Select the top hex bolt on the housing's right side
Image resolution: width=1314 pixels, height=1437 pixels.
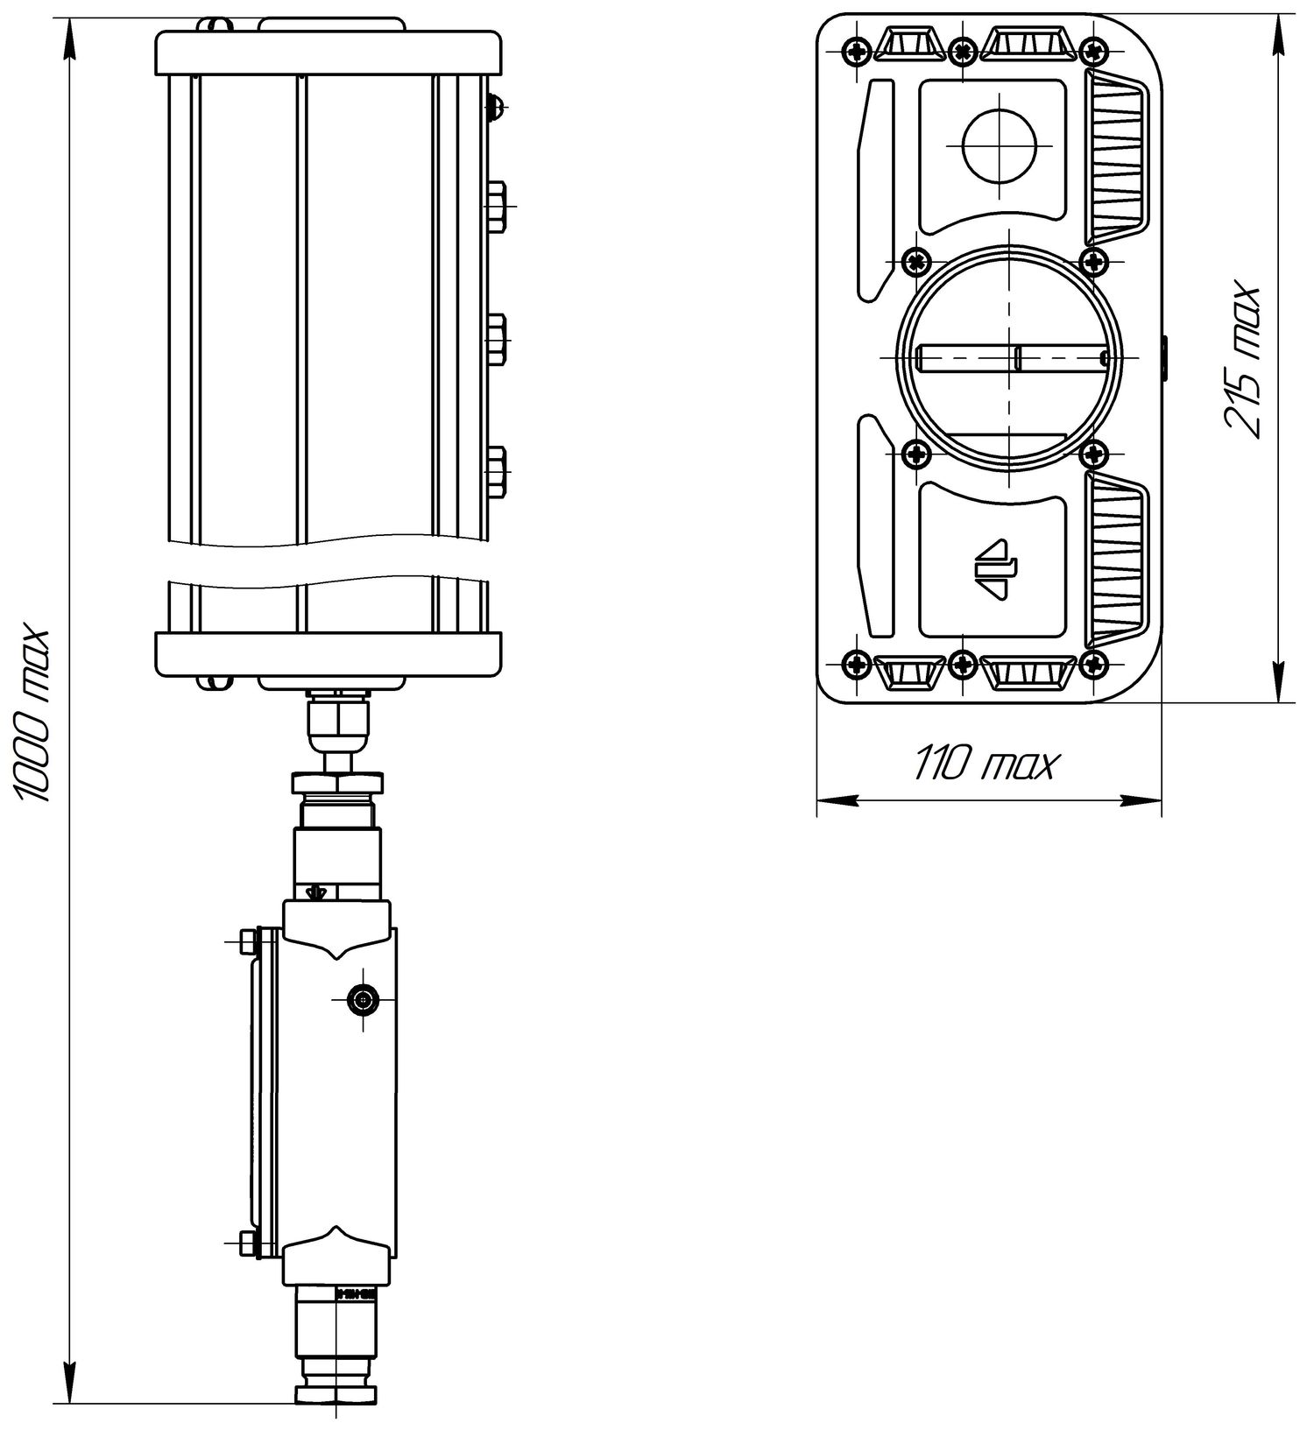(496, 206)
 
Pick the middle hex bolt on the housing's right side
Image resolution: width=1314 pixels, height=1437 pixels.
(496, 338)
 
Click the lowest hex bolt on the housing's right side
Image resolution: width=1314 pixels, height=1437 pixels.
(496, 471)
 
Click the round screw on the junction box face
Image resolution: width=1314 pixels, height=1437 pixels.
(361, 997)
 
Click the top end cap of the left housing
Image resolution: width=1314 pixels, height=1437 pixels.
(328, 53)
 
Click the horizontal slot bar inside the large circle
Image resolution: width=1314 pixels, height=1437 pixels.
(1012, 357)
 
